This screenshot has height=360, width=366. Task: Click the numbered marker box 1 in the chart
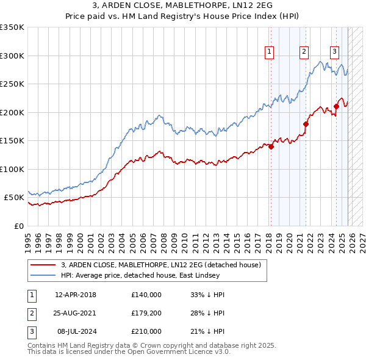(269, 52)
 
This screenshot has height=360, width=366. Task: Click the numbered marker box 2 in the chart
(303, 52)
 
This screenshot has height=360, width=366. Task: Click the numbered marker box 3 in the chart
(334, 52)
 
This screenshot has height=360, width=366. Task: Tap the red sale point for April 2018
(271, 146)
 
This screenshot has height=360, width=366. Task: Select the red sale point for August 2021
(306, 124)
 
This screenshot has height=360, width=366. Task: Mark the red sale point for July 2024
(336, 107)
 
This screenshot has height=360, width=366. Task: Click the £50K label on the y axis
(14, 198)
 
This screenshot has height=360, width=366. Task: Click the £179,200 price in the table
(146, 313)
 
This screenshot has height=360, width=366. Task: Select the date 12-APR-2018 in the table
(76, 295)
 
